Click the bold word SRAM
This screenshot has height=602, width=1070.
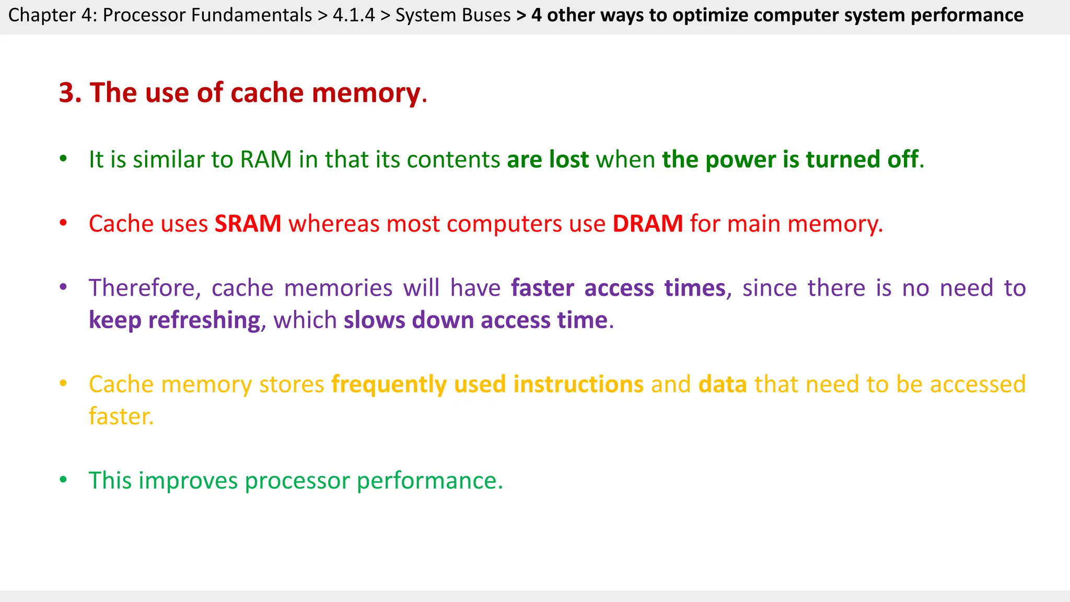pos(248,224)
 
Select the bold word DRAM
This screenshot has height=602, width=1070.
pos(647,224)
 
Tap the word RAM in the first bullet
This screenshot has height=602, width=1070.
pos(265,160)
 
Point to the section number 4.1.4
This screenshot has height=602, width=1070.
pos(354,15)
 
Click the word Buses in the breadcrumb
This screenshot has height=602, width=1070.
pos(487,15)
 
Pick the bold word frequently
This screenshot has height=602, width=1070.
pos(389,385)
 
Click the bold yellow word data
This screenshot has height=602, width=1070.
pos(723,385)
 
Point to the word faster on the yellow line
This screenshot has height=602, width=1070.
pos(121,417)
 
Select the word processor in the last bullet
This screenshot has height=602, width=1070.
pos(297,481)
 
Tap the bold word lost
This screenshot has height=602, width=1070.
pos(569,160)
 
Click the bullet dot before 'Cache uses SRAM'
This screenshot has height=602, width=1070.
pos(63,223)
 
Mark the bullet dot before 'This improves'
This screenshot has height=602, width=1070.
pos(63,480)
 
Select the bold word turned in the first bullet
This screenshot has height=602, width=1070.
pos(843,160)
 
